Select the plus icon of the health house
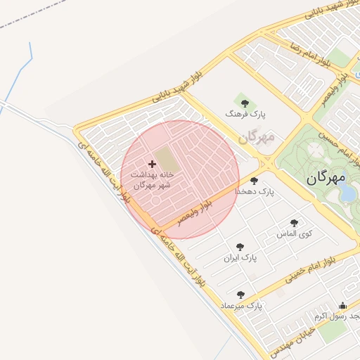click(x=152, y=164)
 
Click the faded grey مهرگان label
click(x=255, y=137)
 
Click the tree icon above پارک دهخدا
click(x=254, y=181)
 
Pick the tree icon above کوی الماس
click(x=294, y=222)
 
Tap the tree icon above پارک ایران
click(x=240, y=247)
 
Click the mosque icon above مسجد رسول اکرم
click(x=342, y=306)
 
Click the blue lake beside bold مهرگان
click(x=347, y=192)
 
